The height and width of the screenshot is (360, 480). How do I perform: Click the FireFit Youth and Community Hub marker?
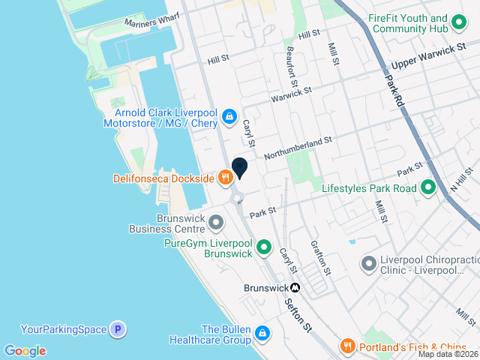coord(458,24)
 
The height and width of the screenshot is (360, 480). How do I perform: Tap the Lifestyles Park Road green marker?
coord(428,188)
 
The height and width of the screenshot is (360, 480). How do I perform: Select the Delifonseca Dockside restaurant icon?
coord(224,178)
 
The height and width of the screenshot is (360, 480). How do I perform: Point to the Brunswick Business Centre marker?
coord(216,223)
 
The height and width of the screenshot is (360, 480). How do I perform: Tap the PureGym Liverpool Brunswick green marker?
coord(264,247)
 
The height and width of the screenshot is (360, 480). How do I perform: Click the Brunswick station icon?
coord(296,287)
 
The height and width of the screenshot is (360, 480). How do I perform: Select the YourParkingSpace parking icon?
coord(116,328)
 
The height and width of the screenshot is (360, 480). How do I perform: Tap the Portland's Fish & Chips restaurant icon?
coord(346,346)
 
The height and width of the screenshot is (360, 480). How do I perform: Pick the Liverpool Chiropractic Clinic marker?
coord(368,263)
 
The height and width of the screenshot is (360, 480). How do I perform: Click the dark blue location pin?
coord(240,168)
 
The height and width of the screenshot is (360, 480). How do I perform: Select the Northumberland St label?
coord(298,143)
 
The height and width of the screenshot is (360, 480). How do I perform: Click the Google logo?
coord(25,351)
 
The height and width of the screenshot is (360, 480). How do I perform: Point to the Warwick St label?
coord(290,94)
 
